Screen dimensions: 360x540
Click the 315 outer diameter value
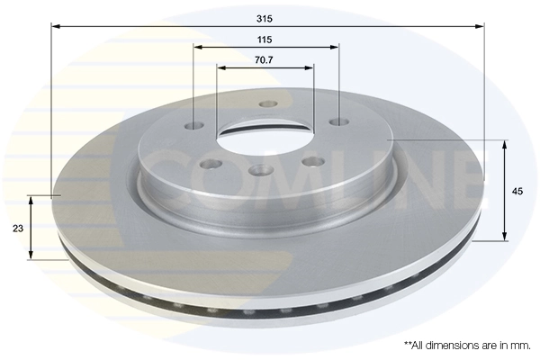click(264, 18)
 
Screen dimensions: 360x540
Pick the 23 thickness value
click(18, 229)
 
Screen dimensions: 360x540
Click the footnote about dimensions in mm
click(466, 345)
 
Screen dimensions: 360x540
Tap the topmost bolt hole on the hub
click(266, 104)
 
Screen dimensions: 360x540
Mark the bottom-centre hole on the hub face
click(262, 170)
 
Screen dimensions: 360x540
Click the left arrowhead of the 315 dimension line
click(55, 27)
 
